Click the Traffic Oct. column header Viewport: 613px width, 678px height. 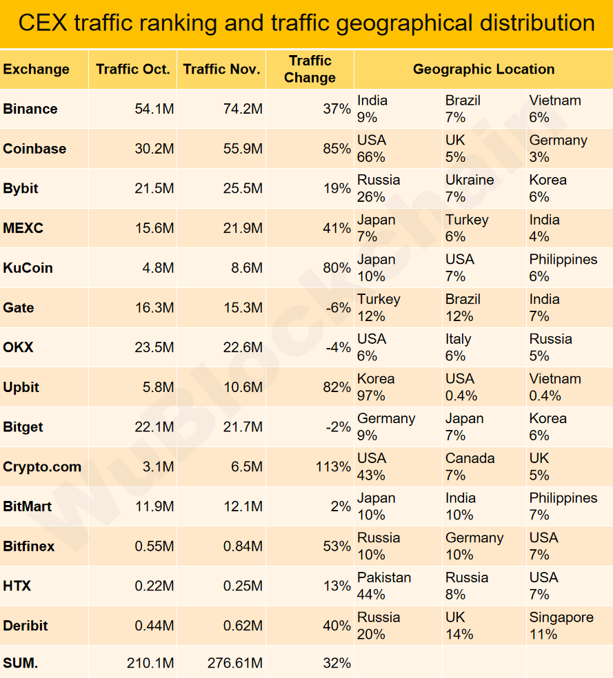pyautogui.click(x=132, y=69)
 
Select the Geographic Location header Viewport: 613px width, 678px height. pyautogui.click(x=483, y=69)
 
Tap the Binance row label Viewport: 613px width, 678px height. pyautogui.click(x=30, y=109)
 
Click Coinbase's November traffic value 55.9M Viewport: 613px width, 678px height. pyautogui.click(x=243, y=149)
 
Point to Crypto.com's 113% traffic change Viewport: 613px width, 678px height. pyautogui.click(x=332, y=467)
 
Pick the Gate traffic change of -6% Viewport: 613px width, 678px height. pyautogui.click(x=338, y=308)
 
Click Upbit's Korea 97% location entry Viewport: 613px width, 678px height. pyautogui.click(x=376, y=387)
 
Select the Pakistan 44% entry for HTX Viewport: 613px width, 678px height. pyautogui.click(x=383, y=586)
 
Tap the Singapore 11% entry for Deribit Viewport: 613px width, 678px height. pyautogui.click(x=561, y=626)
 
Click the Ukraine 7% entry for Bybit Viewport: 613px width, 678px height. pyautogui.click(x=469, y=188)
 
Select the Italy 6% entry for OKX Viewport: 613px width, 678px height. pyautogui.click(x=458, y=347)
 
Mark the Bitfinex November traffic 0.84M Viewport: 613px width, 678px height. pyautogui.click(x=243, y=546)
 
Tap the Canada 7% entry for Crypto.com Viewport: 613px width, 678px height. pyautogui.click(x=470, y=466)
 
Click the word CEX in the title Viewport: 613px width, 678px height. pyautogui.click(x=41, y=23)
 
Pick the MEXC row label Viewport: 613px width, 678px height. pyautogui.click(x=23, y=228)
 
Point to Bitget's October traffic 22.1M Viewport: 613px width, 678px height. pyautogui.click(x=154, y=427)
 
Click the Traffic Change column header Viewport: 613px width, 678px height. pyautogui.click(x=310, y=69)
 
